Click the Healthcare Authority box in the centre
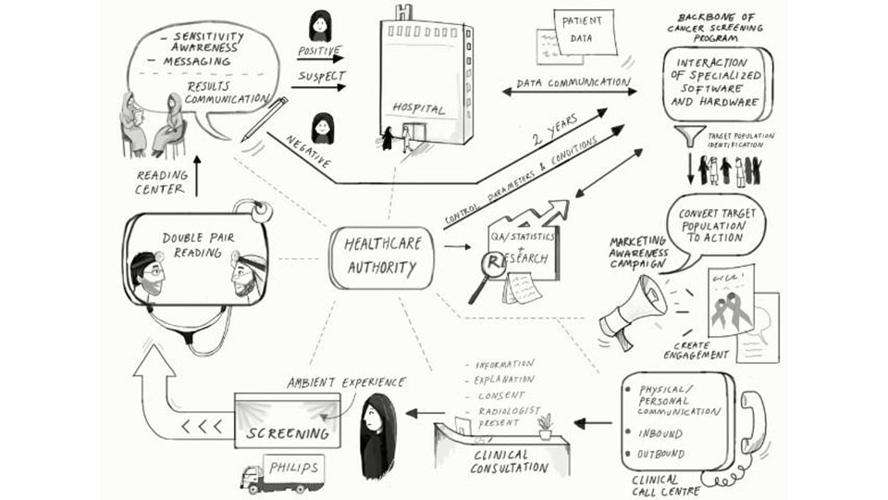[379, 257]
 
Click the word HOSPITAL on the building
[419, 108]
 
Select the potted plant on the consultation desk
[546, 425]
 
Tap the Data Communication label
[573, 82]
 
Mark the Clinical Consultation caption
[500, 460]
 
